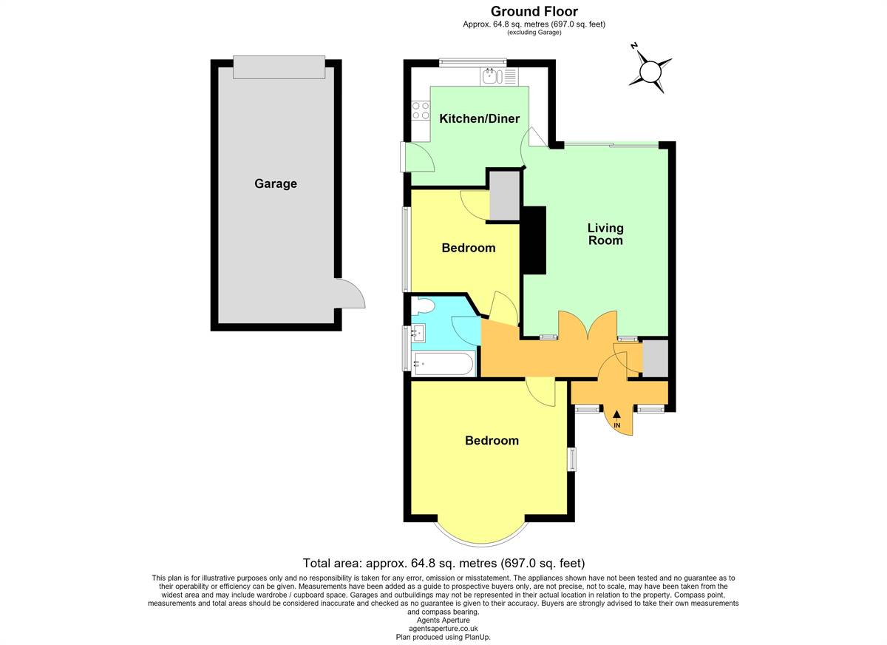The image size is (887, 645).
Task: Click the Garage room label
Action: click(x=276, y=184)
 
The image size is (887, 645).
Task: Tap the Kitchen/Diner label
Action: click(x=480, y=118)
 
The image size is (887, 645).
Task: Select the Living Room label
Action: click(x=605, y=234)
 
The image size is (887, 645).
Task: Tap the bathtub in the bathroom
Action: click(x=443, y=363)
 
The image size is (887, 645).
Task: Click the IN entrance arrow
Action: click(x=616, y=419)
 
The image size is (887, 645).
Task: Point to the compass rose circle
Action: click(x=650, y=72)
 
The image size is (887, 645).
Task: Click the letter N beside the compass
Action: click(x=634, y=47)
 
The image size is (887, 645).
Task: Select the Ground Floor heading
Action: click(x=534, y=11)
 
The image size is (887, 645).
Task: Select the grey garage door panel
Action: click(x=279, y=67)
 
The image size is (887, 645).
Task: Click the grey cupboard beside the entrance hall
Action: click(x=656, y=358)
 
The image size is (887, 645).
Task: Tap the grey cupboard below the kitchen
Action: click(x=504, y=195)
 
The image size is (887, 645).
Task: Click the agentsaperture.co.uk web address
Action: click(x=443, y=629)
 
